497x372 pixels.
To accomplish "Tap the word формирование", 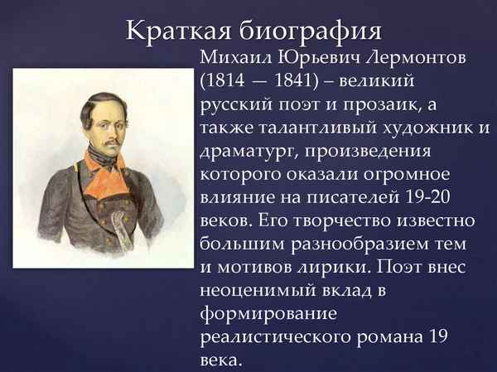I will point(265,315).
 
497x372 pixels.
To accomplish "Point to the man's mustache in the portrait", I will point(105,136).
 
